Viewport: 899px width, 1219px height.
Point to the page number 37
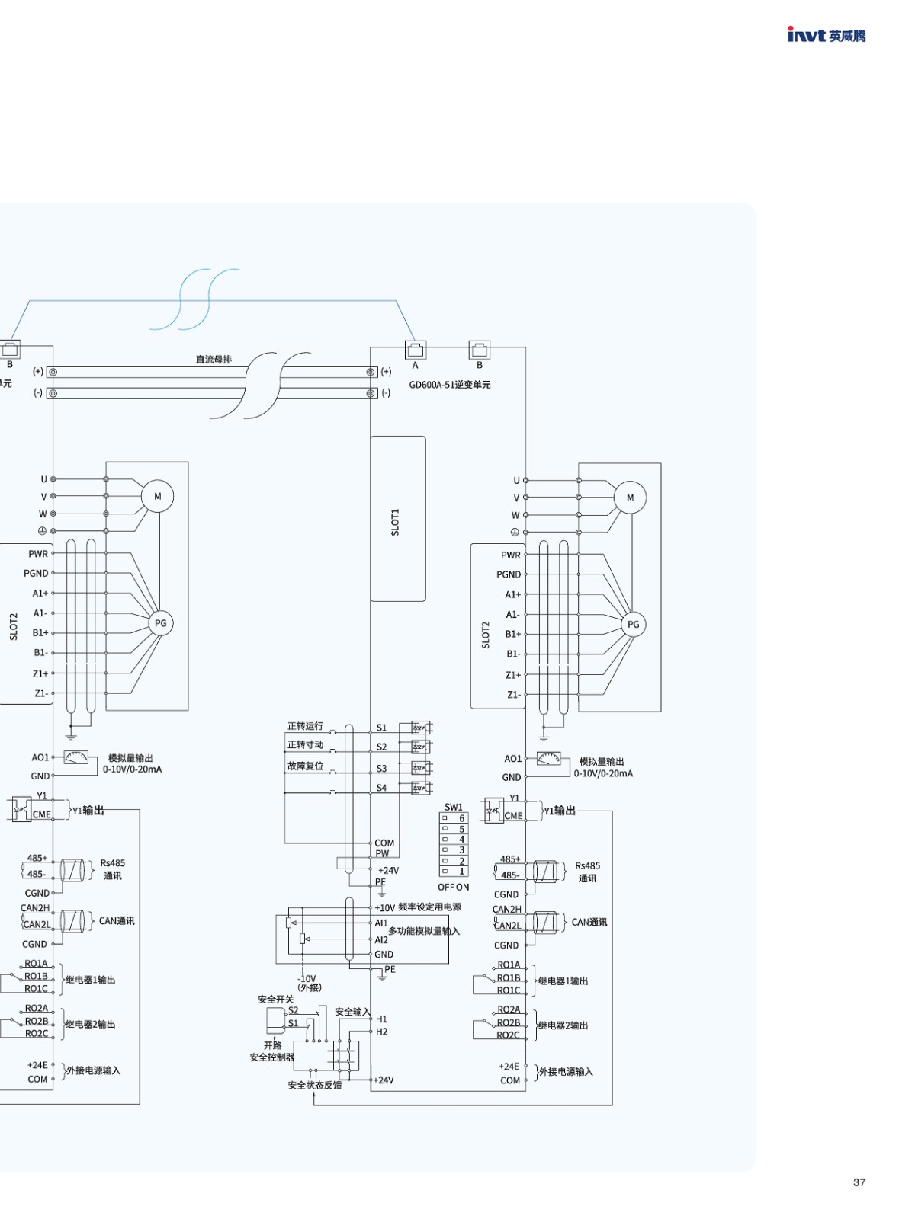click(859, 1182)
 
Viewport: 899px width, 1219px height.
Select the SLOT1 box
click(397, 519)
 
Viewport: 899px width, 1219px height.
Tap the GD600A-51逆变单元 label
click(450, 385)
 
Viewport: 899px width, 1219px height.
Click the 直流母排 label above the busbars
click(214, 359)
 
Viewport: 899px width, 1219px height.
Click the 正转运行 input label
click(305, 726)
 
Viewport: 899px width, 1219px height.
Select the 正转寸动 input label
click(305, 745)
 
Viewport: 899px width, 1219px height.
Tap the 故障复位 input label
click(305, 766)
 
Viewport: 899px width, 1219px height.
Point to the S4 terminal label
click(381, 788)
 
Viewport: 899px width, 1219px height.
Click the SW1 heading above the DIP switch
click(453, 807)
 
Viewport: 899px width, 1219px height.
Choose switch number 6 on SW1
click(461, 818)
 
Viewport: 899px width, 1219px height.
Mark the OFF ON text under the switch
click(453, 888)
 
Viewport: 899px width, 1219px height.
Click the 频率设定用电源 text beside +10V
click(429, 907)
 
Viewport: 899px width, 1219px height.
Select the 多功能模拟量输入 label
click(424, 931)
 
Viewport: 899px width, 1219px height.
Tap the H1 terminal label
click(381, 1019)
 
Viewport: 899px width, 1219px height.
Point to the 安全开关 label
click(275, 999)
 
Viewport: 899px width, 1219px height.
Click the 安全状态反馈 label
click(314, 1085)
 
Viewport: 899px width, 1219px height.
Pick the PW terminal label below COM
click(382, 854)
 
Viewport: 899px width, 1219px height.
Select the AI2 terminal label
click(381, 940)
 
